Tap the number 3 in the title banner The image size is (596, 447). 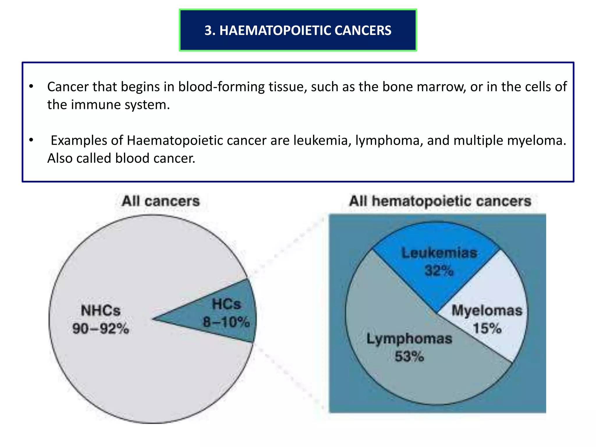[208, 31]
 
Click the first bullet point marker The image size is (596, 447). [31, 86]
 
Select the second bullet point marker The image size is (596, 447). [31, 140]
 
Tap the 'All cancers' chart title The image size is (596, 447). [161, 201]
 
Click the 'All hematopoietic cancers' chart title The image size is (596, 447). [440, 201]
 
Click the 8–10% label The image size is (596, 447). [226, 322]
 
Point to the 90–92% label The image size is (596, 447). [101, 329]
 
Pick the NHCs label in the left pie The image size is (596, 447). [101, 311]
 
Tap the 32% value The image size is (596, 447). [439, 271]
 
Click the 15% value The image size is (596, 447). [487, 329]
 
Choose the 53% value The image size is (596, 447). [409, 356]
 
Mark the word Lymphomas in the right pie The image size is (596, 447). [409, 339]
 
